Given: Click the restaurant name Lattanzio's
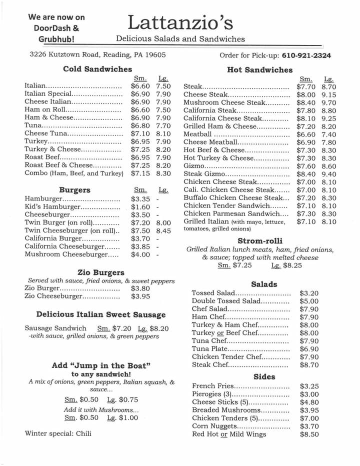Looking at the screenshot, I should pos(180,22).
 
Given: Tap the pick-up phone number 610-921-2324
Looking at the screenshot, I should pos(306,55).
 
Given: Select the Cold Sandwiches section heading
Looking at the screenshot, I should pos(97,69).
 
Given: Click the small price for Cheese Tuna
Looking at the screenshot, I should pos(140,133).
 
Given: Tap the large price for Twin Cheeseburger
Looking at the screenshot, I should pos(163,230).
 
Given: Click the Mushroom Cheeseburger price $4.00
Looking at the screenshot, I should pos(140,254).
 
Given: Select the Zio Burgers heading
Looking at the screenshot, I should pos(101,272).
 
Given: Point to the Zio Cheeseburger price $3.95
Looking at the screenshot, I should pos(140,296).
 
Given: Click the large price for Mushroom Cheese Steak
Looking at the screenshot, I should pos(328,102).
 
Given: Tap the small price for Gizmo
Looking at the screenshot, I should pos(305,166).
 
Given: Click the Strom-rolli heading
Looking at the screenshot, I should pos(259,241).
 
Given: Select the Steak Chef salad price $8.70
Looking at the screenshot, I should pos(309,365).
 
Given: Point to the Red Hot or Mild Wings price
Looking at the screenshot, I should pos(309,434).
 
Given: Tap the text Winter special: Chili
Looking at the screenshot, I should pos(58,433).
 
